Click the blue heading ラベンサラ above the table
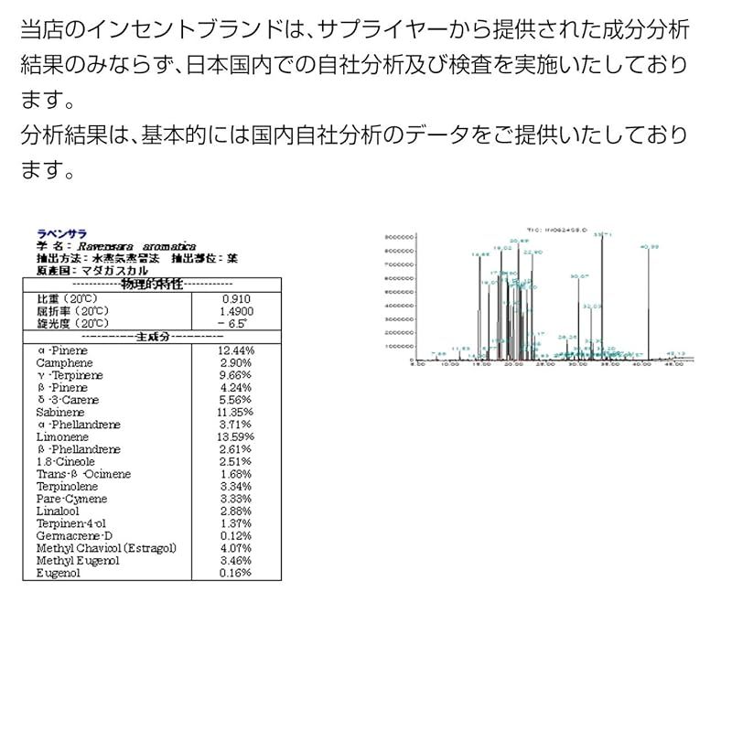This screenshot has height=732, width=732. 61,234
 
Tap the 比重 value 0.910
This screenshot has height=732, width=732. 236,299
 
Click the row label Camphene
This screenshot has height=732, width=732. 60,363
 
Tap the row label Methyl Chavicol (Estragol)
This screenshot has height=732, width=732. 106,548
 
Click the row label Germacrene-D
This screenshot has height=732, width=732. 75,536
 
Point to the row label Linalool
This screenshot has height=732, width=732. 58,511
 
